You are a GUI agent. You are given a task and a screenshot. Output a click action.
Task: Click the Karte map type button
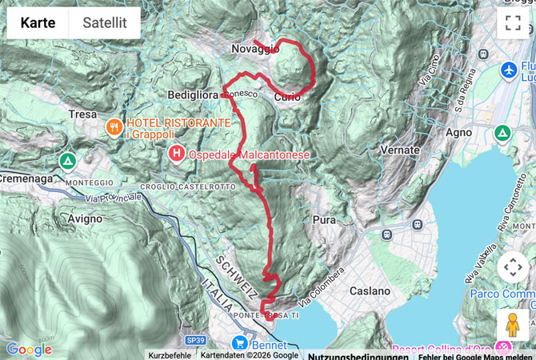pyautogui.click(x=38, y=23)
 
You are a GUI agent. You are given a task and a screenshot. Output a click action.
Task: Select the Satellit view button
pyautogui.click(x=104, y=23)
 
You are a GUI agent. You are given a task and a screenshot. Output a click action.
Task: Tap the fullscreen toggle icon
pyautogui.click(x=512, y=23)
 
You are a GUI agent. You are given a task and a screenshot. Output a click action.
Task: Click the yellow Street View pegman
pyautogui.click(x=512, y=325)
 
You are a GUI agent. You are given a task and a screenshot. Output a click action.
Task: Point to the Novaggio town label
pyautogui.click(x=255, y=50)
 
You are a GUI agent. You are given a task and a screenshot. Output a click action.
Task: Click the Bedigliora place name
pyautogui.click(x=193, y=94)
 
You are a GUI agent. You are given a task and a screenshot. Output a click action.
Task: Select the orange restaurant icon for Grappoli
pyautogui.click(x=114, y=126)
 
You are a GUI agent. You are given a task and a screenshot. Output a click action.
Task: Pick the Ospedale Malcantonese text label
pyautogui.click(x=249, y=154)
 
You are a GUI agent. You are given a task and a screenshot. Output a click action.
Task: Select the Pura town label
pyautogui.click(x=325, y=218)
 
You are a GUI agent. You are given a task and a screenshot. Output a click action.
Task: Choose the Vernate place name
pyautogui.click(x=400, y=150)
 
